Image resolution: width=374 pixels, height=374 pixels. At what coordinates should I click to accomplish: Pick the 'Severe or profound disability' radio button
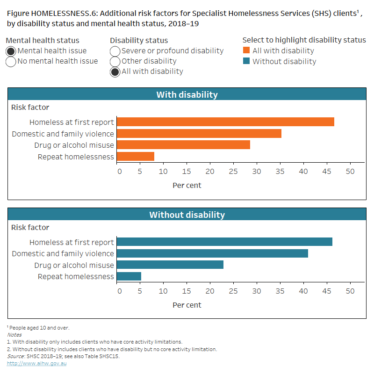pyautogui.click(x=115, y=51)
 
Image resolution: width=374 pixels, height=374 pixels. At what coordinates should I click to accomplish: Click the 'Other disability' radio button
pyautogui.click(x=115, y=61)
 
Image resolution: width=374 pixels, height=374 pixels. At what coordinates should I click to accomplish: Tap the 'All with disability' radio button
pyautogui.click(x=115, y=72)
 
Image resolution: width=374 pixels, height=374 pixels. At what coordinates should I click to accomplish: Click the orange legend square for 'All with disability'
pyautogui.click(x=246, y=50)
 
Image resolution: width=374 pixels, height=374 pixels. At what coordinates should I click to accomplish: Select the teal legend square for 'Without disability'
pyautogui.click(x=246, y=61)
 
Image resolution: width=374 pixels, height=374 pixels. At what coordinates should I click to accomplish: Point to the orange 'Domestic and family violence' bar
pyautogui.click(x=199, y=134)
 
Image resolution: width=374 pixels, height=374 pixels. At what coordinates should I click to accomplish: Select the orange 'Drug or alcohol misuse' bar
pyautogui.click(x=183, y=145)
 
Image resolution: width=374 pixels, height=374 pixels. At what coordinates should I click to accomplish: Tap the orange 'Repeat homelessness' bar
pyautogui.click(x=135, y=157)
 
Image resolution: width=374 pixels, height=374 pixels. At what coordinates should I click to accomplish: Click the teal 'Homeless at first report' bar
pyautogui.click(x=224, y=242)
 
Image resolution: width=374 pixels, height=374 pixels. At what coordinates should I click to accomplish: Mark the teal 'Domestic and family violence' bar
pyautogui.click(x=212, y=253)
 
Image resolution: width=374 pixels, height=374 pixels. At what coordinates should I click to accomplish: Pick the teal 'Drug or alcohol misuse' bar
pyautogui.click(x=170, y=265)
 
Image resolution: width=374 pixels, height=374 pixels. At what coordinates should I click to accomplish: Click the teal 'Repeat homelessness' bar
pyautogui.click(x=129, y=276)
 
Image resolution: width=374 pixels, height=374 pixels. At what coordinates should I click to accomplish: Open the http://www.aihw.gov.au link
pyautogui.click(x=36, y=363)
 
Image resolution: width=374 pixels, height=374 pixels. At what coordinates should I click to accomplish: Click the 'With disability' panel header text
pyautogui.click(x=187, y=95)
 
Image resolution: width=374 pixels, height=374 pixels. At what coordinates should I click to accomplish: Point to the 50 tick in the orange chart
pyautogui.click(x=350, y=171)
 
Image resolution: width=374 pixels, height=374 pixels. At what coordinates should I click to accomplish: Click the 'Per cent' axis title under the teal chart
pyautogui.click(x=187, y=305)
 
